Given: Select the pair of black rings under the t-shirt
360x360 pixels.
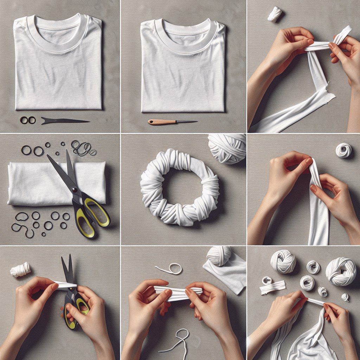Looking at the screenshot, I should [x=28, y=120].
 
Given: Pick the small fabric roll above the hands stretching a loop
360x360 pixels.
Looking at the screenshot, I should [x=275, y=14].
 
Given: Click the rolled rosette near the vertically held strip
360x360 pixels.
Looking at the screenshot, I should [x=343, y=150].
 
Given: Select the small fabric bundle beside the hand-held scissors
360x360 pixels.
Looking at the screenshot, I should [x=20, y=270].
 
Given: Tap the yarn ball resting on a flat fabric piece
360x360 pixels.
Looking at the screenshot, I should [x=219, y=256].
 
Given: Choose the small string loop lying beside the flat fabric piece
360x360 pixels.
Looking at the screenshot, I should [x=170, y=269].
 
